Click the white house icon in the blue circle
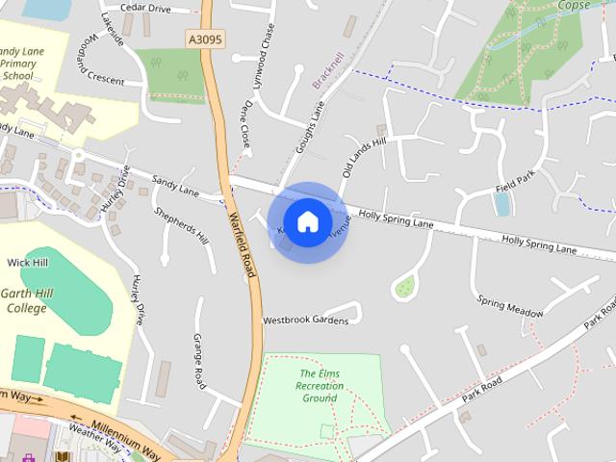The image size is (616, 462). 307,221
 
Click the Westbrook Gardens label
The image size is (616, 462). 305,320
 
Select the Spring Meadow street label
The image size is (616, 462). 510,307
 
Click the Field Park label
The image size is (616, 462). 513,180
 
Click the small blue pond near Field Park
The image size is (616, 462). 501,203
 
